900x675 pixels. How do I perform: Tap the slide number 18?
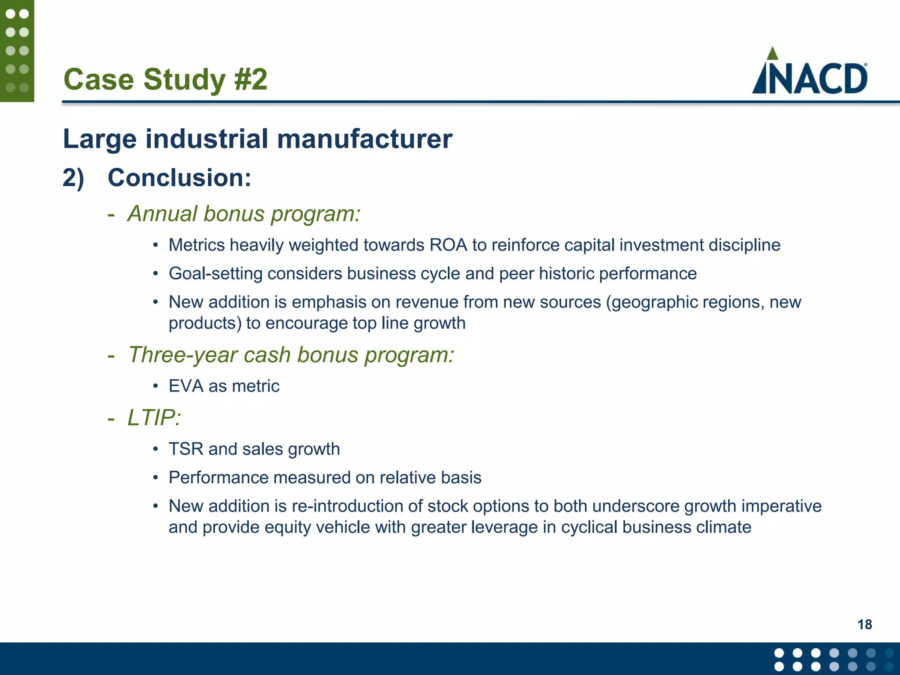(x=864, y=624)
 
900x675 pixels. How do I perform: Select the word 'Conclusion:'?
(x=179, y=178)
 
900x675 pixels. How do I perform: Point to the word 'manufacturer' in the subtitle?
(x=364, y=139)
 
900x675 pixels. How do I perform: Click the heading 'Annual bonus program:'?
(x=244, y=214)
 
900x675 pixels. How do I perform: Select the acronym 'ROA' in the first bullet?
(x=448, y=245)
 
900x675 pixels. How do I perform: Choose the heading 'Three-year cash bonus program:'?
(x=291, y=355)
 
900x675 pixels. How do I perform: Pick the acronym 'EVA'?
(x=186, y=386)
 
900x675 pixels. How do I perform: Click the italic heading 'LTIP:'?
(x=154, y=417)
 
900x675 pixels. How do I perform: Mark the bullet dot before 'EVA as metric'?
(x=155, y=386)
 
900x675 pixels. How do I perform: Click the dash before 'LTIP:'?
(x=111, y=418)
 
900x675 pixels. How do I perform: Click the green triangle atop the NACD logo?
(x=772, y=54)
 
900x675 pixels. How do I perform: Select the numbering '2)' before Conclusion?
(x=73, y=178)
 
